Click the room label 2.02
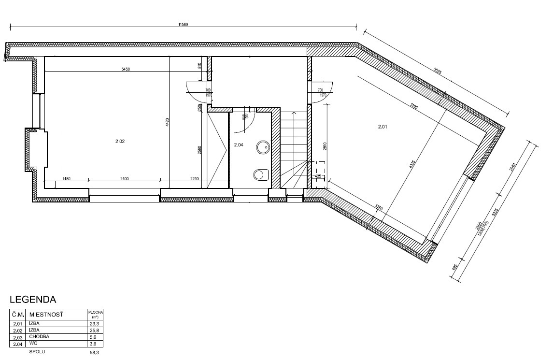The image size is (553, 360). [120, 142]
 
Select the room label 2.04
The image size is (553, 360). [239, 144]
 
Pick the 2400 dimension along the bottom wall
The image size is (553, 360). [125, 179]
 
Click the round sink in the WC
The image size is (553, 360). [263, 147]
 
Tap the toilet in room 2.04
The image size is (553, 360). [261, 174]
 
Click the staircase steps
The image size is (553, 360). [294, 145]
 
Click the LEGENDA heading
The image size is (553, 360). [33, 300]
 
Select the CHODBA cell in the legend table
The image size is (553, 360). [40, 336]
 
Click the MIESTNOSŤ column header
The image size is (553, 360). [46, 315]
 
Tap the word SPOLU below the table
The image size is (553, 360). [40, 352]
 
